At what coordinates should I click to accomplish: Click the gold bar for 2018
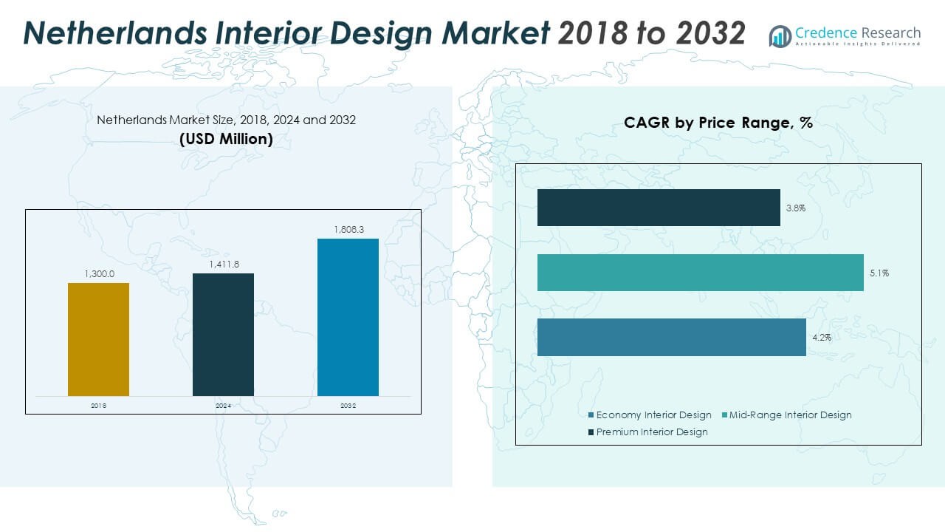(x=98, y=339)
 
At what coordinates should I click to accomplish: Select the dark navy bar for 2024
(x=223, y=334)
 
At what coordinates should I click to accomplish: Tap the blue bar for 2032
(x=348, y=317)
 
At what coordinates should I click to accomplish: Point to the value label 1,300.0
(x=98, y=273)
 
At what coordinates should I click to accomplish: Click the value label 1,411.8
(x=223, y=264)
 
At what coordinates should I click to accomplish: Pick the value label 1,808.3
(x=348, y=229)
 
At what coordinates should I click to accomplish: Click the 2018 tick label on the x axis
(x=98, y=406)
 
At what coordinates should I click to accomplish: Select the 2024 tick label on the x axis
(x=223, y=406)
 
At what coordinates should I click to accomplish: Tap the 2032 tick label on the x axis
(x=348, y=406)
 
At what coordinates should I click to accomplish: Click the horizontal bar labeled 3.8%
(x=659, y=208)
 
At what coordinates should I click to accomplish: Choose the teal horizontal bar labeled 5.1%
(x=700, y=273)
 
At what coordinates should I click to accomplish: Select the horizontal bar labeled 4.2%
(x=671, y=337)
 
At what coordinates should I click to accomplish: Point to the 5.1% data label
(x=879, y=273)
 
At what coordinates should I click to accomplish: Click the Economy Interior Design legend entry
(x=650, y=415)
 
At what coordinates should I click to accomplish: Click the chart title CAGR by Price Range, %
(x=718, y=123)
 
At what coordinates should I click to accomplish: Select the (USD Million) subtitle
(x=226, y=139)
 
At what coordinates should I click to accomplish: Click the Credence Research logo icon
(x=780, y=35)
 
